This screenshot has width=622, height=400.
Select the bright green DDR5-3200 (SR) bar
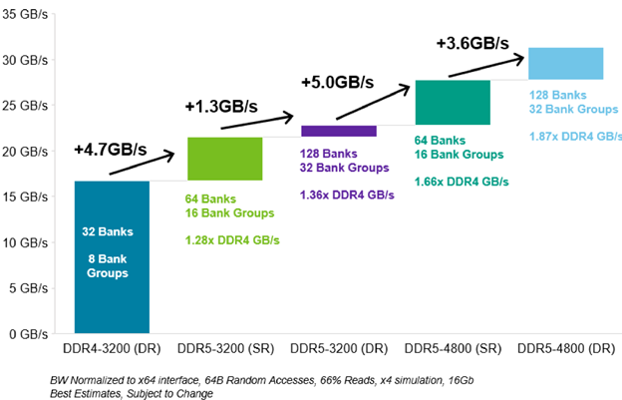click(225, 158)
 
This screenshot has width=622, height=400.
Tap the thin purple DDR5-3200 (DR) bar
click(339, 131)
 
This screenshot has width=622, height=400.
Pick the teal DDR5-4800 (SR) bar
click(453, 102)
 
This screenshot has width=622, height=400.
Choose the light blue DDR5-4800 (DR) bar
click(566, 63)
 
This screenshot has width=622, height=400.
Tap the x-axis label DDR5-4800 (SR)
click(453, 351)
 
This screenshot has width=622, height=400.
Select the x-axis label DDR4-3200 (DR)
click(112, 351)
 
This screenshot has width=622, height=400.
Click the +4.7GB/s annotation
click(110, 151)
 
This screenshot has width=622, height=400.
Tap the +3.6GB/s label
click(472, 44)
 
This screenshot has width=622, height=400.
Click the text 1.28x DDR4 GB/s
click(232, 240)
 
